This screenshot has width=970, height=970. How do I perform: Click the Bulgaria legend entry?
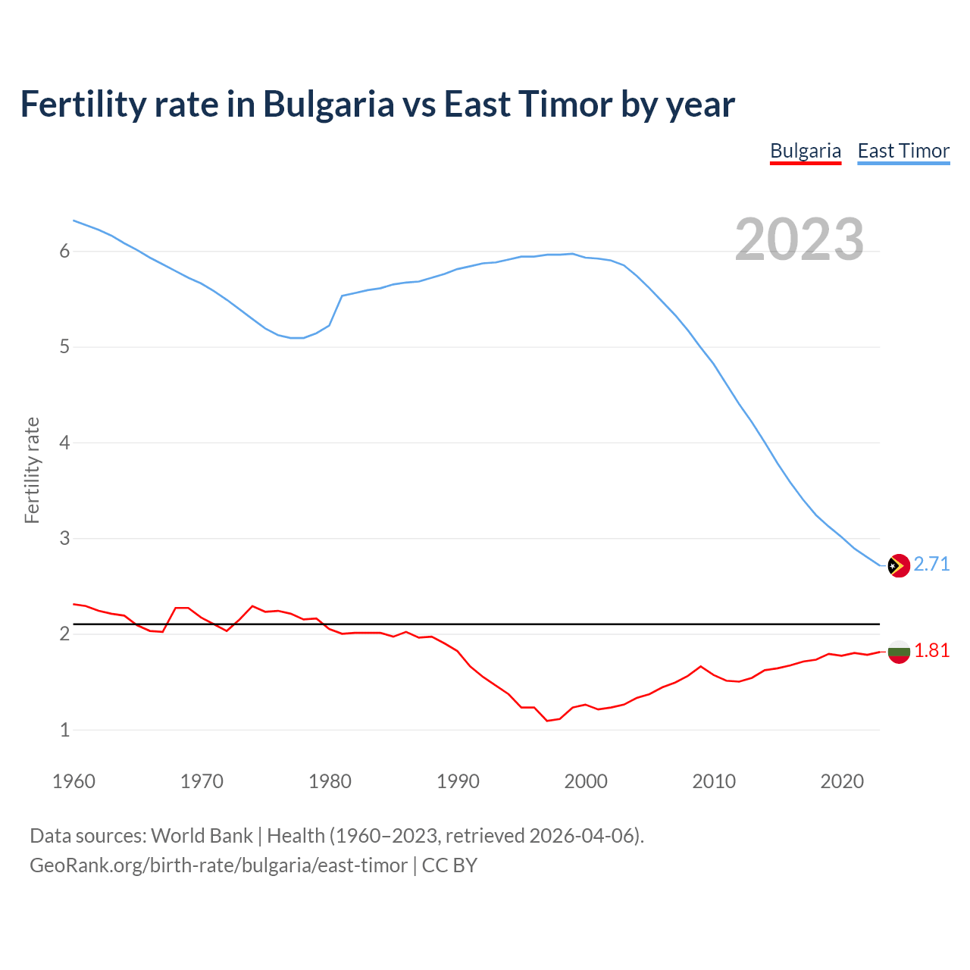805,151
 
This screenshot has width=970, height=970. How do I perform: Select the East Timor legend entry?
903,151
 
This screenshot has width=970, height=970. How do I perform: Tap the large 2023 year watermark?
799,239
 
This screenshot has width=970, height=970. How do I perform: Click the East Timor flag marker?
898,565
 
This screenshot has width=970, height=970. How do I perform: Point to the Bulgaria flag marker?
898,652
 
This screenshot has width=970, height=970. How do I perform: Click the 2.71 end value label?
931,565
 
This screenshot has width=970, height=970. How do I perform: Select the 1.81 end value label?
931,651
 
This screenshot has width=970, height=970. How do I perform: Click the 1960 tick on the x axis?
74,781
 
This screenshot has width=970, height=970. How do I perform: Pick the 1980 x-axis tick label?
330,781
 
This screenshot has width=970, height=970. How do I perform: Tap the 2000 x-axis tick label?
586,781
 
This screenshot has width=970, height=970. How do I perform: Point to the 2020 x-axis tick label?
842,781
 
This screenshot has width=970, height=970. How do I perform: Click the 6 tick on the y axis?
64,252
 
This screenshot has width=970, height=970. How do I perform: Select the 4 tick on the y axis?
64,443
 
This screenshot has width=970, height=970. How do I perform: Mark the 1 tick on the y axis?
64,731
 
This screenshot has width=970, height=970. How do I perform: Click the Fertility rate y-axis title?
32,470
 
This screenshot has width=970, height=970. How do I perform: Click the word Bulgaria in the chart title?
328,105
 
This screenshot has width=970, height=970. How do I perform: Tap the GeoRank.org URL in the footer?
218,865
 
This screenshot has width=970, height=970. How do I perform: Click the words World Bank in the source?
202,836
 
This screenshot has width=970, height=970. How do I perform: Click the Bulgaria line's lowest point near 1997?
547,721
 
